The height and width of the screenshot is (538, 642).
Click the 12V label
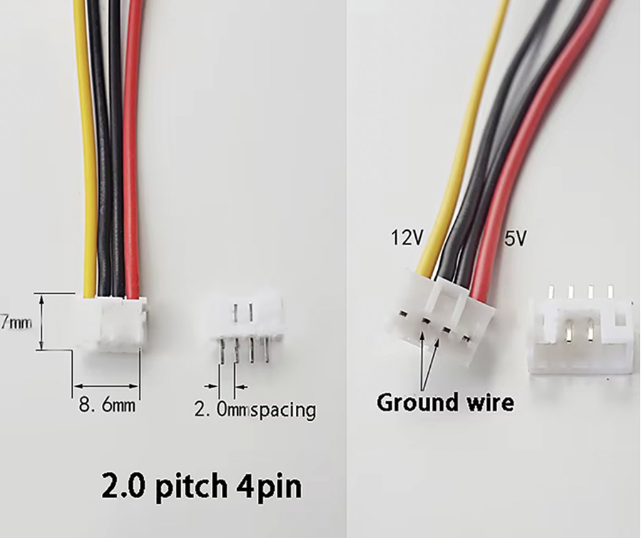pyautogui.click(x=406, y=238)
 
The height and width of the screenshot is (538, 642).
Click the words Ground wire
pyautogui.click(x=445, y=403)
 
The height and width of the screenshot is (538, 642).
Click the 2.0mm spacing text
pyautogui.click(x=255, y=410)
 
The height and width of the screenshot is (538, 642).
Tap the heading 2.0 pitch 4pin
pyautogui.click(x=202, y=487)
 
